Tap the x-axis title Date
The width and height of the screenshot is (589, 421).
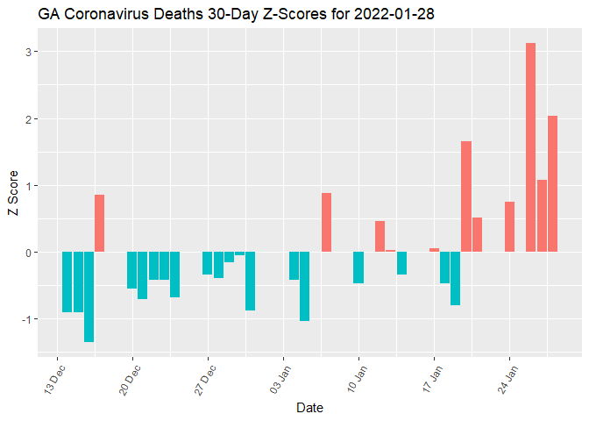click(310, 408)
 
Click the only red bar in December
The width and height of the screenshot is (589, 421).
click(100, 224)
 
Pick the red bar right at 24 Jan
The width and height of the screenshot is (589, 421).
click(509, 227)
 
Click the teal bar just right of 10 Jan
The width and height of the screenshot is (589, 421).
click(358, 268)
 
